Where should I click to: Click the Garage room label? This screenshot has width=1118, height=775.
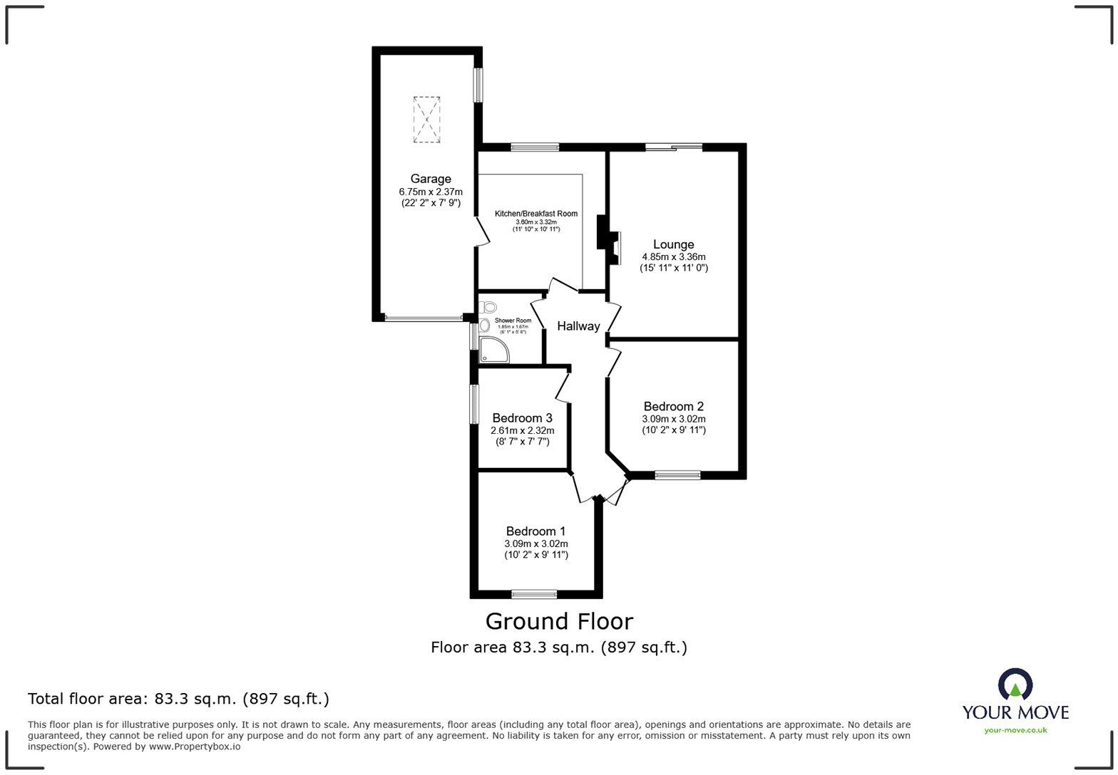tap(430, 179)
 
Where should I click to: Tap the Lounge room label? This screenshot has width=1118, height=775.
tap(673, 244)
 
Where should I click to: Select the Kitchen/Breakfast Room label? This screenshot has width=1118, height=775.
tap(536, 214)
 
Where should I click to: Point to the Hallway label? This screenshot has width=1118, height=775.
tap(578, 326)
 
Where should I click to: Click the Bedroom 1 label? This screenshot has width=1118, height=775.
tap(535, 531)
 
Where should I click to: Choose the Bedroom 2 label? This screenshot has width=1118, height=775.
tap(673, 407)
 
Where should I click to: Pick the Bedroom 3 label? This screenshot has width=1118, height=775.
tap(522, 418)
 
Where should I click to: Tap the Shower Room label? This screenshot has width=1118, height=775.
tap(513, 321)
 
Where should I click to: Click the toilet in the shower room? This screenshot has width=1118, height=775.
tap(488, 307)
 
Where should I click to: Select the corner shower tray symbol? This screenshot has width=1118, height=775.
tap(492, 350)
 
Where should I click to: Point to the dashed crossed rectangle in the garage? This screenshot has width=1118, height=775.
tap(426, 120)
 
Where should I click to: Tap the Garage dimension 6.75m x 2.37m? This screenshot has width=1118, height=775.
tap(430, 192)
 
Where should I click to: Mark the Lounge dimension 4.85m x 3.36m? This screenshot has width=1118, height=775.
tap(673, 257)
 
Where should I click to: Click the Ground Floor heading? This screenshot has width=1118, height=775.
tap(559, 621)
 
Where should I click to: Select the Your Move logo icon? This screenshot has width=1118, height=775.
tap(1015, 685)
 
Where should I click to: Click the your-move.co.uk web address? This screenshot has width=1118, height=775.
tap(1015, 729)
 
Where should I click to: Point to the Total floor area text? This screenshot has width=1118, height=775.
tap(178, 699)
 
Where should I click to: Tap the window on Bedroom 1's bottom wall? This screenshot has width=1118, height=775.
tap(534, 593)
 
